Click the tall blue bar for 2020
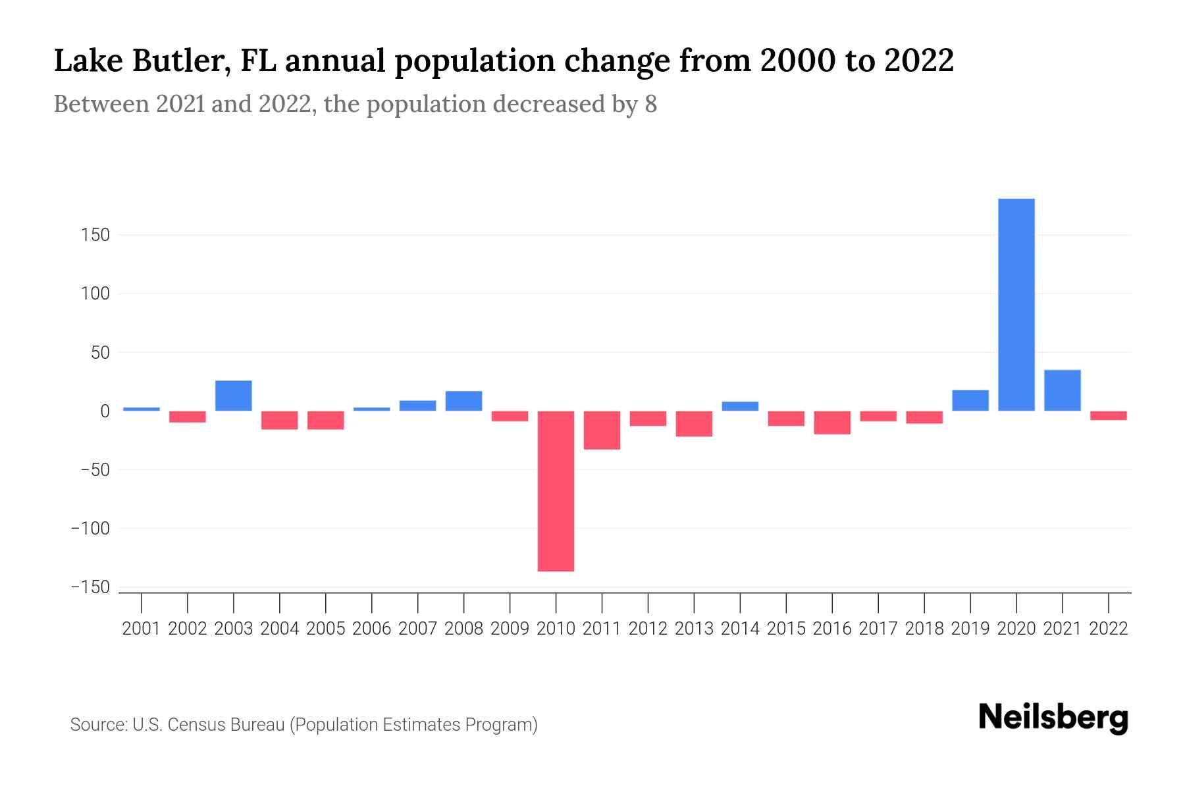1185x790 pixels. point(1016,304)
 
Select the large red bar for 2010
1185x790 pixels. point(556,490)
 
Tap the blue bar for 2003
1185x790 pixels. point(234,396)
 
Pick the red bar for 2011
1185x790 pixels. point(602,430)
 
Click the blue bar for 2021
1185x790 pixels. point(1062,390)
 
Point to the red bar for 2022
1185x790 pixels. point(1108,415)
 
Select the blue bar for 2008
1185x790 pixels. point(463,401)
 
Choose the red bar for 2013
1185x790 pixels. point(694,423)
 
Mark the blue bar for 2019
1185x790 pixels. point(970,400)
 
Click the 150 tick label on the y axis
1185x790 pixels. point(95,235)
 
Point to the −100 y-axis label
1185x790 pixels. point(90,528)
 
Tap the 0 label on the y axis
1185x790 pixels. point(105,411)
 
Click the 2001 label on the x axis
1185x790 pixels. point(142,629)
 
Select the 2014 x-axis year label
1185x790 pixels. point(740,629)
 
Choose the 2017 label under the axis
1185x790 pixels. point(878,629)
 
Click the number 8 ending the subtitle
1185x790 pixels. point(650,104)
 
